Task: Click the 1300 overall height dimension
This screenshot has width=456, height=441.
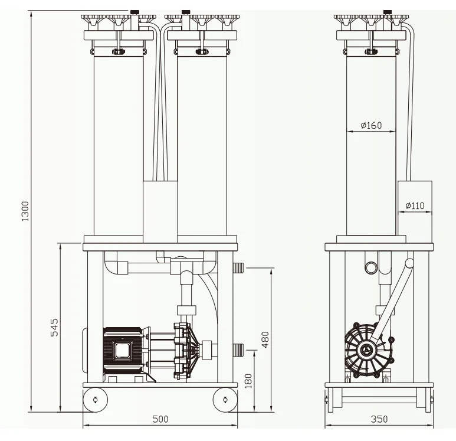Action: [x=25, y=211]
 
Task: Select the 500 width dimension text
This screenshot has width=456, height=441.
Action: [x=160, y=419]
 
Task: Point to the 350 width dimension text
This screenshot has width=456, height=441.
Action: [x=379, y=419]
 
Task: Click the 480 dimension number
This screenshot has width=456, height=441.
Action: [x=265, y=340]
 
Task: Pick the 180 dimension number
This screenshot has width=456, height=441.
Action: [x=248, y=381]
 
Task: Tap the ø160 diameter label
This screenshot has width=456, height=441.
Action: [x=372, y=125]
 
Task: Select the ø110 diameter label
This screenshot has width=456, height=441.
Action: [x=415, y=206]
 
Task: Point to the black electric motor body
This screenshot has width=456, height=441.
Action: [x=123, y=350]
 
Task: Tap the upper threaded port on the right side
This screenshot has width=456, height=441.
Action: [x=238, y=268]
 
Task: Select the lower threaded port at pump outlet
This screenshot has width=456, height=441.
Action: [x=238, y=349]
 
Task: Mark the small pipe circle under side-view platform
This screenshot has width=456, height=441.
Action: [x=371, y=267]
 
